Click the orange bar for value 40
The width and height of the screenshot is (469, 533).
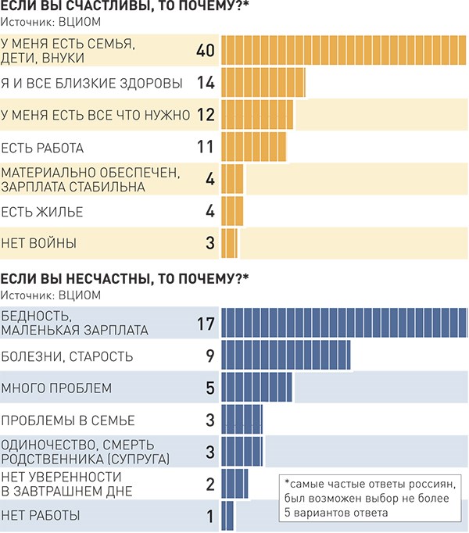point(344,50)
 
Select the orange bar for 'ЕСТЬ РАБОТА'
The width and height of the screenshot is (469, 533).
point(254,147)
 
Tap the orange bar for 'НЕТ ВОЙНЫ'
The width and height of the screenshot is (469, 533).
point(229,242)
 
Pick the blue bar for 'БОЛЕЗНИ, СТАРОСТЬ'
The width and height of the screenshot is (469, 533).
point(285,356)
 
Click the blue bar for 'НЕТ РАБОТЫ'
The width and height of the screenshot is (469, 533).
point(227,515)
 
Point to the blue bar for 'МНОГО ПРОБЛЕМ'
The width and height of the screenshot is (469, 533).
point(256,388)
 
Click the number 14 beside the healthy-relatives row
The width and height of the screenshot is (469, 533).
point(206,82)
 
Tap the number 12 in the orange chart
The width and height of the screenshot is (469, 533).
point(206,115)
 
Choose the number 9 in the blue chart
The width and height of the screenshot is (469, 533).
point(209,356)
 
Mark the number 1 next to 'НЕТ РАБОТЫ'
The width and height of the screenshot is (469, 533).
point(209,516)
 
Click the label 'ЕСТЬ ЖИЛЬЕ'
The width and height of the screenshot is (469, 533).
point(41,211)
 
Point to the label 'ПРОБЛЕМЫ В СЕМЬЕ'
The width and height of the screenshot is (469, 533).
point(68,420)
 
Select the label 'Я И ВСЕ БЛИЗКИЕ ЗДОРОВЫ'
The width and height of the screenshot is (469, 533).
point(92,82)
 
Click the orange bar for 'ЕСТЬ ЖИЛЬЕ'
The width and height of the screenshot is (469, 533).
point(232,211)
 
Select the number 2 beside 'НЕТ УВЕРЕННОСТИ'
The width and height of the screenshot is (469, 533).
point(209,484)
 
